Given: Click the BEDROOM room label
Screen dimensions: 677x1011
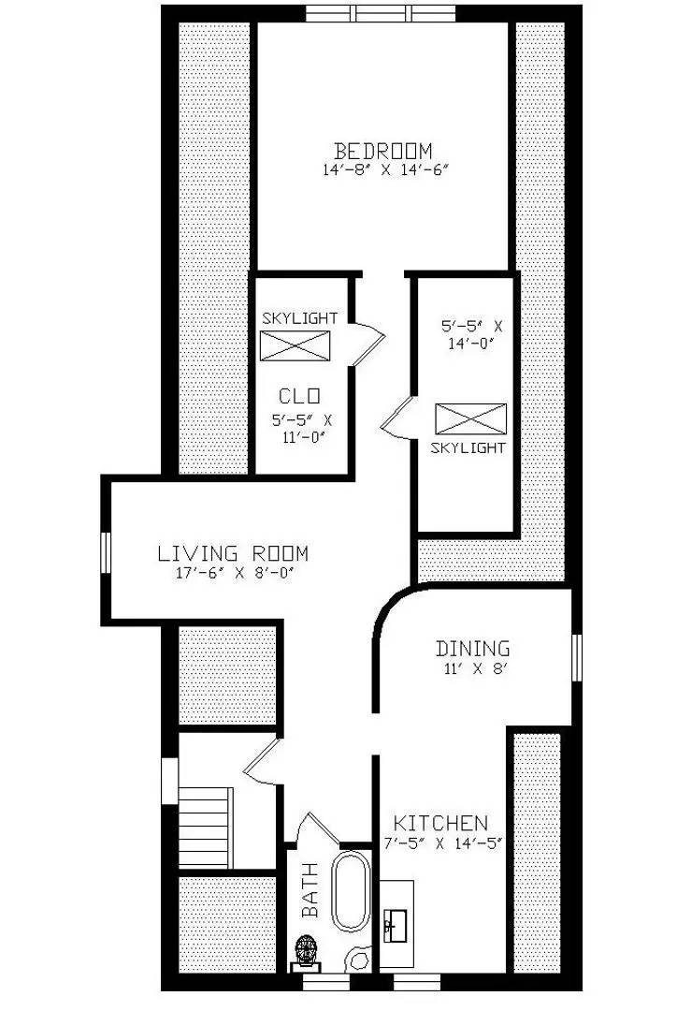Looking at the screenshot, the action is pos(383,151).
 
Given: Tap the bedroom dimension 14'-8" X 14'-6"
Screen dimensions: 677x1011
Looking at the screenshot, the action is pos(385,171).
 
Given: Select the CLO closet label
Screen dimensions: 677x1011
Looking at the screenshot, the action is pos(299,395).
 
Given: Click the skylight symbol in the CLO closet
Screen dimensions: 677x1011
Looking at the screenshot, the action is pos(295,345).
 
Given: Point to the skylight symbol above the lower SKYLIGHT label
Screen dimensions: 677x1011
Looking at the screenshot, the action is pos(471,419).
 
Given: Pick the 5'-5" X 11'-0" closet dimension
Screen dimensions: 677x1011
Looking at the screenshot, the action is pos(302,429).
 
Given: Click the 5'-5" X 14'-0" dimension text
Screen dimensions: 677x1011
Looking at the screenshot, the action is pos(471,334).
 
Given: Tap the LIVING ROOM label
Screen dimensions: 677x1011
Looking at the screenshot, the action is pos(233,553).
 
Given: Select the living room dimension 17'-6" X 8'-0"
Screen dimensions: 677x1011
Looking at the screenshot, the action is pos(235,573).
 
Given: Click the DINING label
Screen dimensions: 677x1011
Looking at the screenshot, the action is pos(473,648).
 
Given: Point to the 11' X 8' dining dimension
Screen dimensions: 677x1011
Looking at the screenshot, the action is pos(476,668).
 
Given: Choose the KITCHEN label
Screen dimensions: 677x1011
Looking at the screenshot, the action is pos(440,823).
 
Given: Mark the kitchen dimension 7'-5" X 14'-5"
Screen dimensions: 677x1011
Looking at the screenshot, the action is pos(442,843).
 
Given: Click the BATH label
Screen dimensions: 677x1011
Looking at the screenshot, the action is pos(310,890).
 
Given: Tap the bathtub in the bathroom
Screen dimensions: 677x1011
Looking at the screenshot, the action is pos(351,892).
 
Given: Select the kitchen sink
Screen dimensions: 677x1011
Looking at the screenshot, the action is pos(395,925).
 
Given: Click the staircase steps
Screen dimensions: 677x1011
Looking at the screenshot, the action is pos(205,828).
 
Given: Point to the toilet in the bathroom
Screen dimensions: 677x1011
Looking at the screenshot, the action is pos(306,954).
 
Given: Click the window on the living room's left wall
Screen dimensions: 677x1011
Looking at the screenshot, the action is pos(106,552).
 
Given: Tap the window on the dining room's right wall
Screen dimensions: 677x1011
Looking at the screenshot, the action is pos(577,657).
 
